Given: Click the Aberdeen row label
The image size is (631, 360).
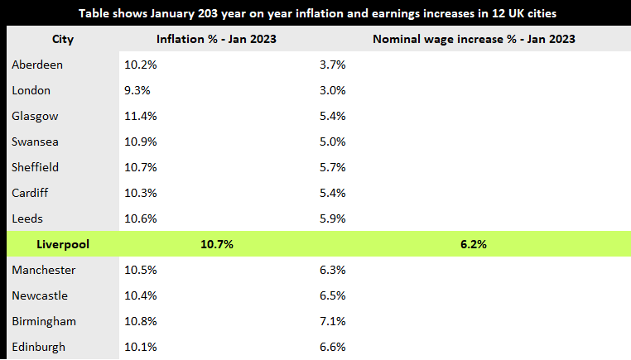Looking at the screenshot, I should [x=37, y=65].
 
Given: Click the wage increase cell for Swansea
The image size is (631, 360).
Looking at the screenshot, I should [x=332, y=142].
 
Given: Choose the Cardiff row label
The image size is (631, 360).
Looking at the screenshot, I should [x=31, y=193].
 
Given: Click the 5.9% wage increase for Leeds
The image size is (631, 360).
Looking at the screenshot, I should [x=332, y=218].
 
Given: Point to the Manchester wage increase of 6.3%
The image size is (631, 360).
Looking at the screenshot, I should [x=332, y=270].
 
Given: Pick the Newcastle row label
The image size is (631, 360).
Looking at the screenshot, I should [x=40, y=295].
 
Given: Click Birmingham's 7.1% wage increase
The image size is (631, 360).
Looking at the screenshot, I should [x=332, y=321].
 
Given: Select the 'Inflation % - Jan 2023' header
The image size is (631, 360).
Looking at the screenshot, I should [x=216, y=39].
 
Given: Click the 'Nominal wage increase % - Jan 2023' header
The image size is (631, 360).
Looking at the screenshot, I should [x=474, y=39].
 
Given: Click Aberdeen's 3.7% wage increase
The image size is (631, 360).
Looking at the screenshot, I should [x=332, y=65].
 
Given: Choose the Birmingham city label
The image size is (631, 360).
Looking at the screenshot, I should [x=43, y=321].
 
